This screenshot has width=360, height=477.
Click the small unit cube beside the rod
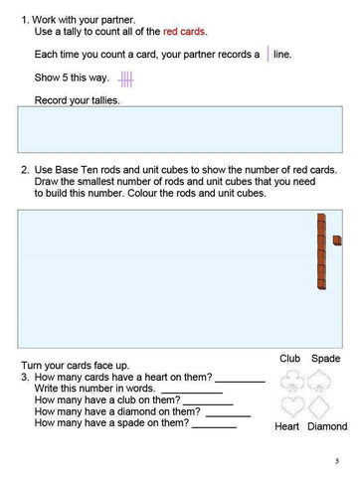[337, 239]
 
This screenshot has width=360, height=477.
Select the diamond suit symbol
[325, 407]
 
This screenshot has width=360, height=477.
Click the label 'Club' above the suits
[289, 358]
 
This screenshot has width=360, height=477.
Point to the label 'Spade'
[326, 358]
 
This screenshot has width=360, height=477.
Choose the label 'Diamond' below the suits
[327, 427]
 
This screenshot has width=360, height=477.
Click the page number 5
[337, 460]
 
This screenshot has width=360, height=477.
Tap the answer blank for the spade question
[214, 424]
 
